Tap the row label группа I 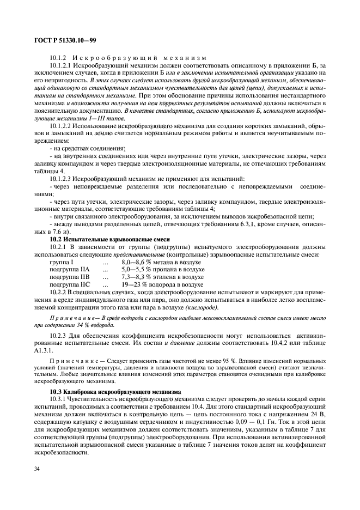click(65, 262)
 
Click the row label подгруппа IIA click(69, 269)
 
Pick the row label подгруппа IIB click(69, 277)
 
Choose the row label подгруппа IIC click(69, 284)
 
